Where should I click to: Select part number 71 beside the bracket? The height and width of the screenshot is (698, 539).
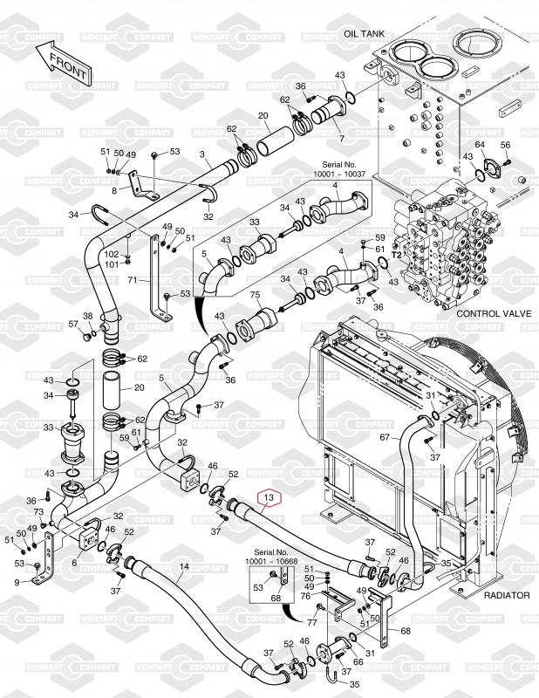click(133, 281)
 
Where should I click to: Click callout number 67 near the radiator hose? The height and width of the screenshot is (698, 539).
click(385, 437)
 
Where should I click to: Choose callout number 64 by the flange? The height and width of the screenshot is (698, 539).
click(479, 144)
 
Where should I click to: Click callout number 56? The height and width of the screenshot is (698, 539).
click(505, 144)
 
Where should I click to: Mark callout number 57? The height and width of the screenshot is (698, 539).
click(73, 325)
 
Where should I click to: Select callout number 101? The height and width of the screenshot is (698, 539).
click(112, 264)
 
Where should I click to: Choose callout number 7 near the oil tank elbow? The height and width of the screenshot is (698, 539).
click(341, 139)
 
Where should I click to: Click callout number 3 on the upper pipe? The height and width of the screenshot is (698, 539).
click(202, 154)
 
